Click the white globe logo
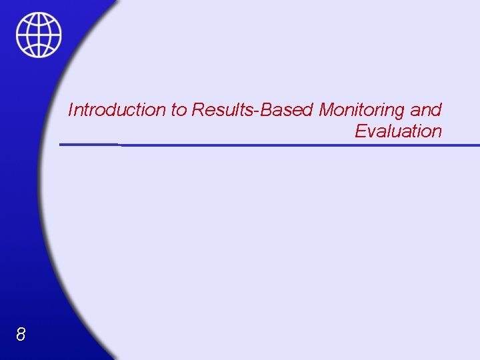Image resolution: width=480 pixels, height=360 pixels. [x=39, y=35]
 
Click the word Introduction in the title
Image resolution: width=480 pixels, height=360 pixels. [x=117, y=109]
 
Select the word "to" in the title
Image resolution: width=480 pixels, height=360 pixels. [x=179, y=109]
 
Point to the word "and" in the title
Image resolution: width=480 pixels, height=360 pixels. [x=426, y=109]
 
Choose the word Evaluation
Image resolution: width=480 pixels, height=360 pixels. [x=398, y=131]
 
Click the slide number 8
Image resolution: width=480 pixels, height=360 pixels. [x=21, y=335]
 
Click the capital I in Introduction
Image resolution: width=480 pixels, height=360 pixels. [x=71, y=109]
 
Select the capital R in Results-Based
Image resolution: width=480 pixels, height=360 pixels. [x=198, y=109]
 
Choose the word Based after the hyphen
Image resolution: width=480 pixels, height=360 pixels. [x=289, y=109]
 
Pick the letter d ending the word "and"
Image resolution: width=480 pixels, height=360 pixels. [x=437, y=109]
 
